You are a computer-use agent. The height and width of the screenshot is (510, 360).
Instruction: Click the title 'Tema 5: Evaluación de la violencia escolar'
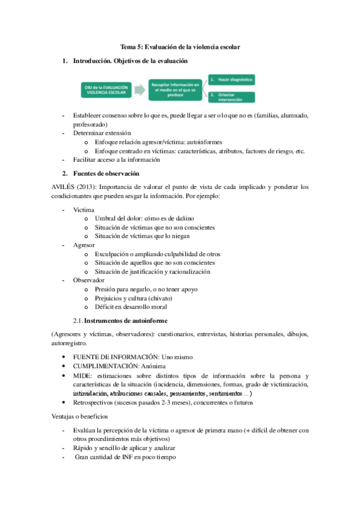pos(180,46)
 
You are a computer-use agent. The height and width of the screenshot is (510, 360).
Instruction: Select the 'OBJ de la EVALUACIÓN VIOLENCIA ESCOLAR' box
pos(106,90)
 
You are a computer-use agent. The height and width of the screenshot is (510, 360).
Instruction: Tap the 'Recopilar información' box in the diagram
pos(175,90)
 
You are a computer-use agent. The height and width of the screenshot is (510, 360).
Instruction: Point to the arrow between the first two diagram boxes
pos(139,90)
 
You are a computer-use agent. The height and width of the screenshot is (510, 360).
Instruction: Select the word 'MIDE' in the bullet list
pos(82,375)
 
